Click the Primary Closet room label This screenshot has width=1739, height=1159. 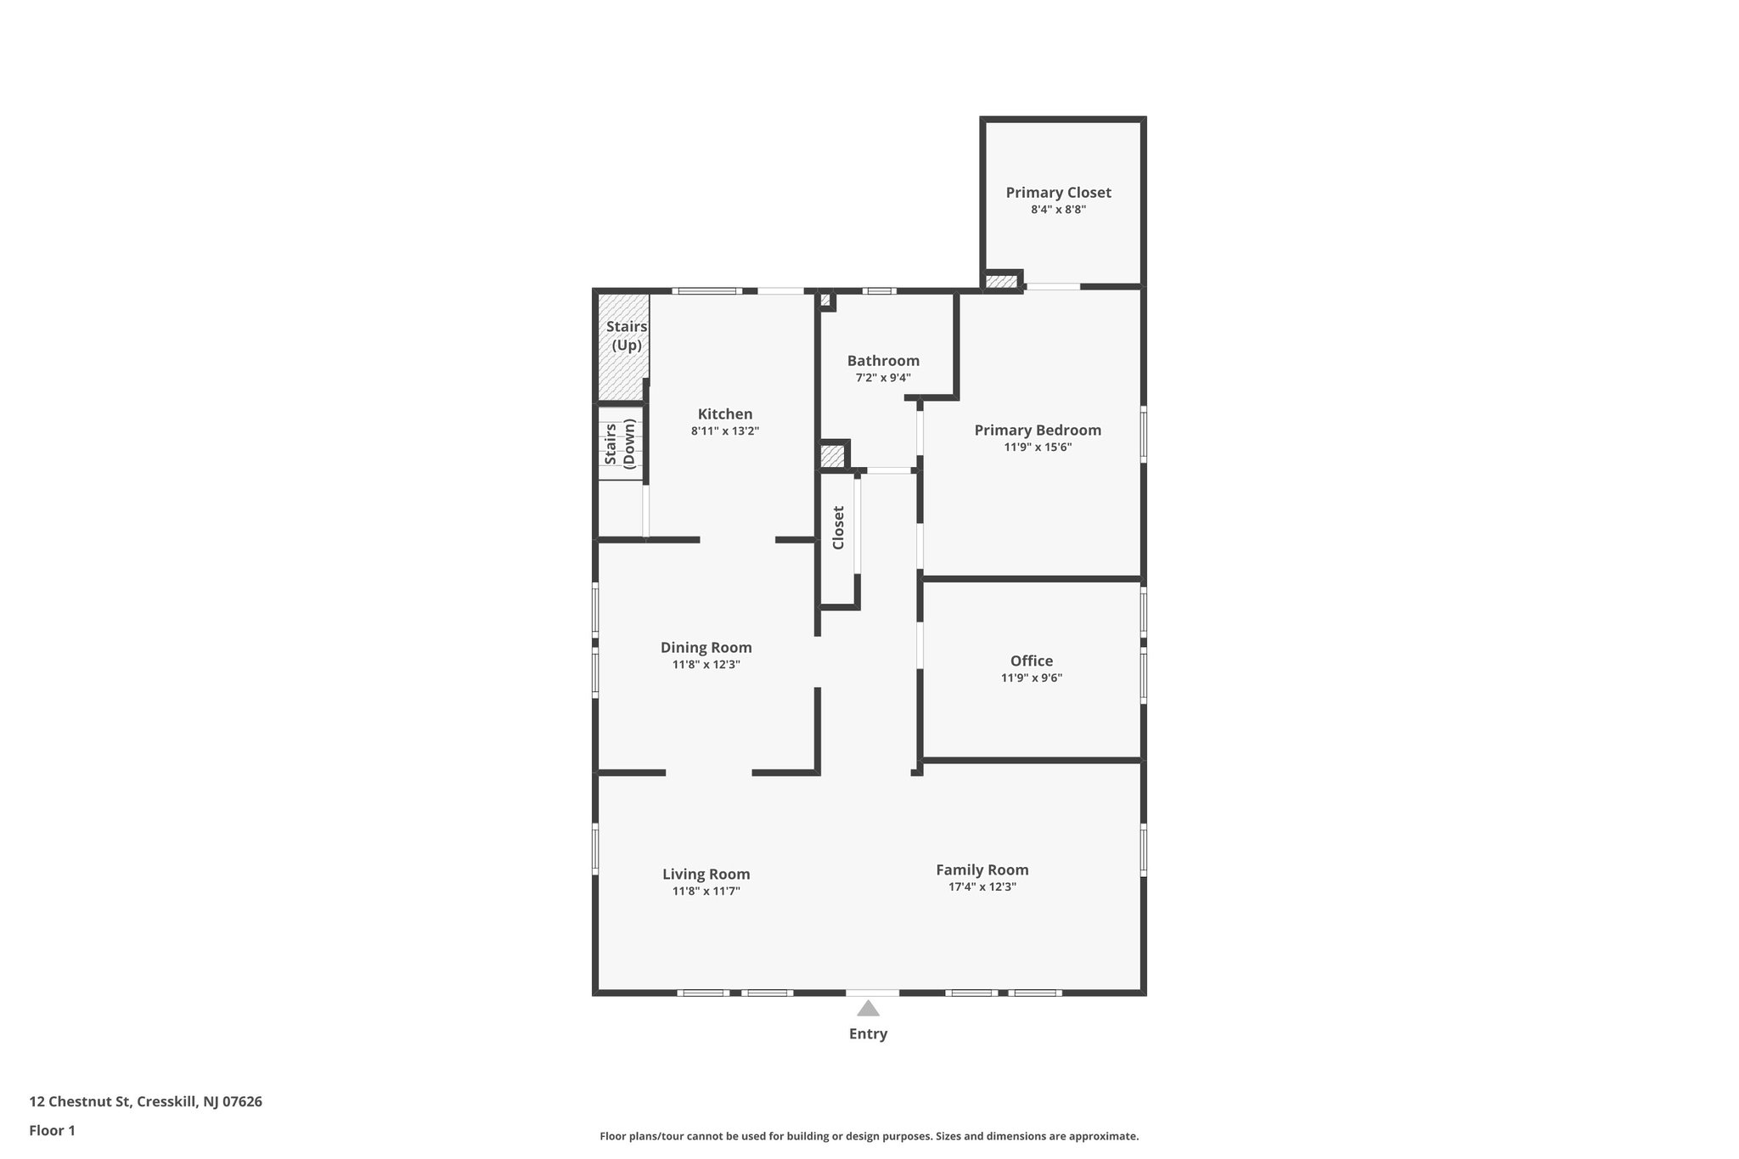[1058, 193]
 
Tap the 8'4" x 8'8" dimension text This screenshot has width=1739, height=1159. [1058, 210]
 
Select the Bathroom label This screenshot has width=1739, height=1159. [883, 361]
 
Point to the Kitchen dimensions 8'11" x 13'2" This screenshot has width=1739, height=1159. [724, 431]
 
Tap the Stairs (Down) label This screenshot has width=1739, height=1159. [620, 443]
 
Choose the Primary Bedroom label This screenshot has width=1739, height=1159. [1038, 430]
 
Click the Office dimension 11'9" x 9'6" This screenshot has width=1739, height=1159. [1032, 678]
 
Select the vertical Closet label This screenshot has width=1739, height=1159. [838, 528]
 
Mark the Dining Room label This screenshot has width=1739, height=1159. [706, 648]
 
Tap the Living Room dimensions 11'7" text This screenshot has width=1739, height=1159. [706, 892]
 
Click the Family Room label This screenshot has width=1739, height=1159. [982, 870]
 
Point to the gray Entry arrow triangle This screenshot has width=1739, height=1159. [868, 1009]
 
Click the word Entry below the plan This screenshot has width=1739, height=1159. [868, 1034]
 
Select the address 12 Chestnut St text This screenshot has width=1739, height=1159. [145, 1102]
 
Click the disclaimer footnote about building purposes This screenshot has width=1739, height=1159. [869, 1136]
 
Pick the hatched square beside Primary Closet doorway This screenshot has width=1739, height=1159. [1001, 282]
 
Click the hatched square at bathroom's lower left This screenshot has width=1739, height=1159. [832, 456]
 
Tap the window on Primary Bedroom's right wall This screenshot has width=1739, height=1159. [1143, 436]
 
